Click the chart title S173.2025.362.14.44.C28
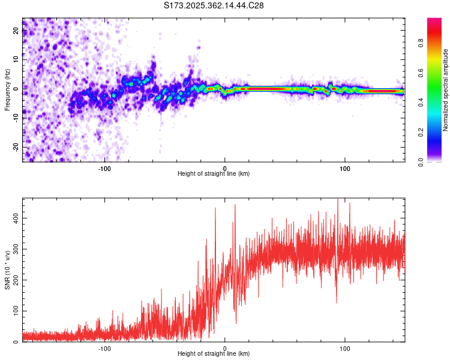tap(214, 6)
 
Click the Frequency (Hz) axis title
tap(7, 89)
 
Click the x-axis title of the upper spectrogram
tap(214, 174)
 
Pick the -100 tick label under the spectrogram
tap(104, 168)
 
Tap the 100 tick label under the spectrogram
tap(345, 168)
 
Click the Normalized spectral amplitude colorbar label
tap(446, 90)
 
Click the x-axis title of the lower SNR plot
tap(214, 354)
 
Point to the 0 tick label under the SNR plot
tap(225, 348)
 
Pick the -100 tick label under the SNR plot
tap(104, 348)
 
